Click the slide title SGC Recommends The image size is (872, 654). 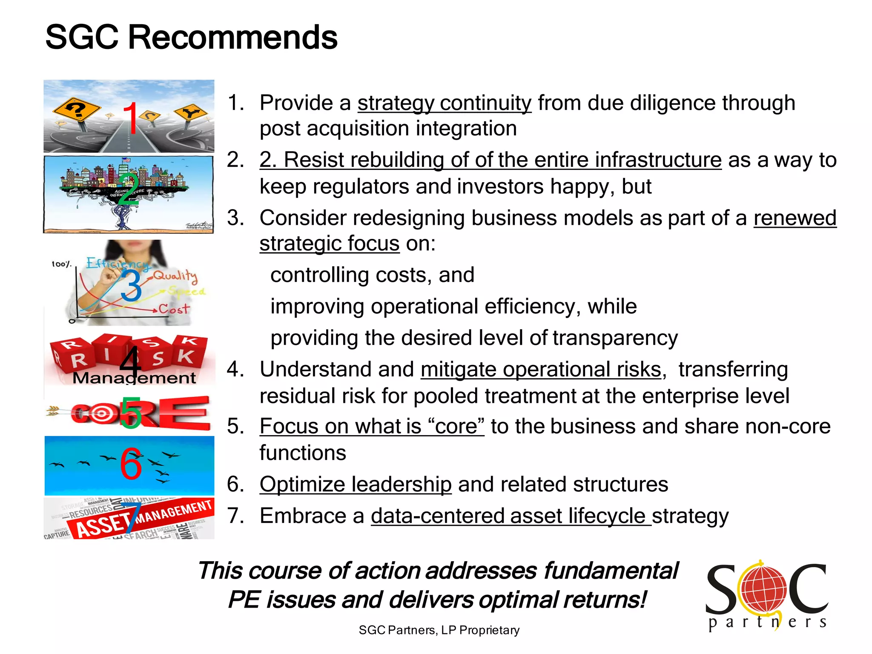[191, 37]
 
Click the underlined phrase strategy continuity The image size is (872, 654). [445, 103]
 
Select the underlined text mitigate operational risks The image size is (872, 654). [541, 369]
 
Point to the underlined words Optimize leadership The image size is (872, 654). [356, 485]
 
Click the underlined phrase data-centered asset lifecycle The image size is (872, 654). [511, 516]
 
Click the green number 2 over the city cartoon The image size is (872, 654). [128, 189]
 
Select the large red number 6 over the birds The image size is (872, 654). [131, 464]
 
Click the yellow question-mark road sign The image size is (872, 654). [77, 110]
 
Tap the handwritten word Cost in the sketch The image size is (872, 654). [174, 309]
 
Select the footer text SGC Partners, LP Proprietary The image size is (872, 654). [439, 630]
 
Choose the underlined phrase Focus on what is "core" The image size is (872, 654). [372, 426]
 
